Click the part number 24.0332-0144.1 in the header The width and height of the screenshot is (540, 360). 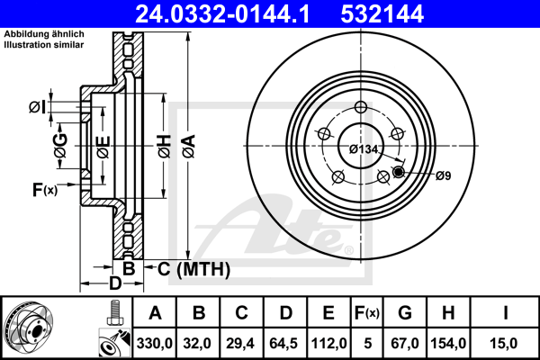tap(222, 14)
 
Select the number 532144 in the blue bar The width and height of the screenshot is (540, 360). tap(382, 14)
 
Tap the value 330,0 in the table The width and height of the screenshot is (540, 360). tap(154, 344)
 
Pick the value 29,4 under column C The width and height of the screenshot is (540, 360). tap(240, 344)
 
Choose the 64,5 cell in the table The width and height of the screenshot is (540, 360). tap(283, 344)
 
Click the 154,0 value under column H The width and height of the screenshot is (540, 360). tap(448, 344)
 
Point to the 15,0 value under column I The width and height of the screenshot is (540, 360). tap(505, 344)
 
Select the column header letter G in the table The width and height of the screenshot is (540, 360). tap(405, 313)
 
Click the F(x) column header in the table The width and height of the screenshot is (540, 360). tap(367, 313)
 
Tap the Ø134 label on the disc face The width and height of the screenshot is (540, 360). tap(364, 149)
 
